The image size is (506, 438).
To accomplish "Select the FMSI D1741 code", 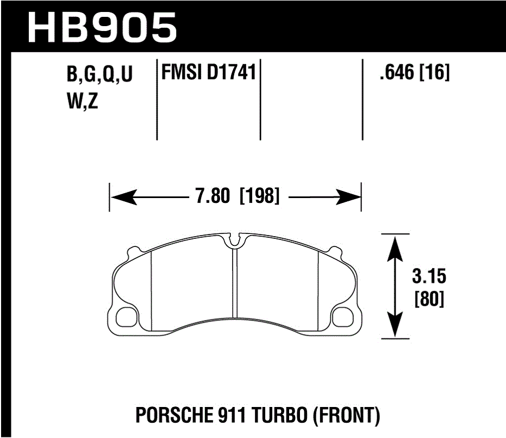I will [208, 73].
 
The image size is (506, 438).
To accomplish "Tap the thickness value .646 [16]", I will [415, 73].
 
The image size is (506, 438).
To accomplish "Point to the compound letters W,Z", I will [82, 101].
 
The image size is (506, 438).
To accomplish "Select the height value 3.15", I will [429, 277].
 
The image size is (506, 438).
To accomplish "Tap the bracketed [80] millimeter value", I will [429, 299].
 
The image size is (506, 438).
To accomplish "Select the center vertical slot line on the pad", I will [234, 283].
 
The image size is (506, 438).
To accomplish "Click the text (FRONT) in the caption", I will [347, 417].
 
